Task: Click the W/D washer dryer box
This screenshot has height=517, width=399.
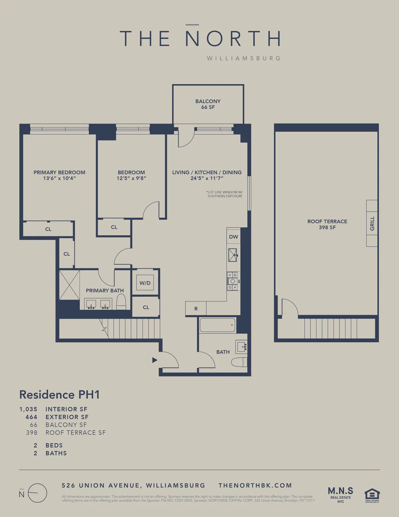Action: click(145, 283)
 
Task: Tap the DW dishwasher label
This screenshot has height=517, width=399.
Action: click(233, 237)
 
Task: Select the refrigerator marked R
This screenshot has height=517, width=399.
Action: click(196, 309)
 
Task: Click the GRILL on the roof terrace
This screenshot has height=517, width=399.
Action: click(372, 223)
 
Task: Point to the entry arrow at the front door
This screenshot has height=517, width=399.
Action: click(155, 360)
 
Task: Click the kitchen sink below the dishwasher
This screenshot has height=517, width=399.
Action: click(233, 255)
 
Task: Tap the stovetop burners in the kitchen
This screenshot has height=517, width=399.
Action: click(233, 281)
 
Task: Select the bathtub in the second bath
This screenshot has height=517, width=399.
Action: click(217, 325)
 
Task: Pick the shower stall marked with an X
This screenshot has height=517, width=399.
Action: click(69, 285)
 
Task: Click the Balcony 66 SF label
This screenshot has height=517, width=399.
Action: click(208, 104)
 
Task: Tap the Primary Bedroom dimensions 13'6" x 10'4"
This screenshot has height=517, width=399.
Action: click(59, 178)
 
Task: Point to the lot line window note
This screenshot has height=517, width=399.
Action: click(224, 194)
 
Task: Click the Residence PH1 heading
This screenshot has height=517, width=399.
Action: click(60, 394)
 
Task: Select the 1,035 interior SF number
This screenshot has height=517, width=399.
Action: click(28, 409)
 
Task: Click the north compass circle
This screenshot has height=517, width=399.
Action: click(37, 493)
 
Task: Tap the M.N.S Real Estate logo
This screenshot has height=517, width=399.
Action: click(340, 494)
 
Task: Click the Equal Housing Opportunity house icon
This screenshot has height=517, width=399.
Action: click(372, 495)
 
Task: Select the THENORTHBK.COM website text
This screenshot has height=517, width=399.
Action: click(255, 485)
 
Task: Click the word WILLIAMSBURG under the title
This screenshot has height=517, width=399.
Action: click(243, 58)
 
